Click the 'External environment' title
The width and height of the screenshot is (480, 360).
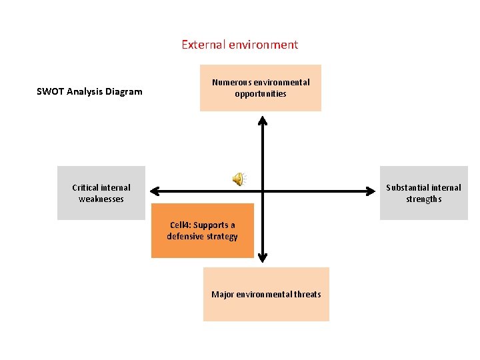pyautogui.click(x=239, y=45)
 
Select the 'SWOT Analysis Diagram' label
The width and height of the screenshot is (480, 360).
pyautogui.click(x=89, y=91)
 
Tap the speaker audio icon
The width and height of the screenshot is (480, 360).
pyautogui.click(x=238, y=178)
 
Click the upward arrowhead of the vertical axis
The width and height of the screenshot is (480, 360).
pyautogui.click(x=263, y=121)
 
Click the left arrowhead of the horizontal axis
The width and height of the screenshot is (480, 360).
pyautogui.click(x=153, y=191)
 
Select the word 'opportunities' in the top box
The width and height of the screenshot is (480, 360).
pyautogui.click(x=261, y=93)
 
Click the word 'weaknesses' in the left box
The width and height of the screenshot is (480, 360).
pyautogui.click(x=101, y=199)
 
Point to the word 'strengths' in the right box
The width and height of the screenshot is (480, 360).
pyautogui.click(x=424, y=199)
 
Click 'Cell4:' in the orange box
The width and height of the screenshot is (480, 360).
pyautogui.click(x=181, y=225)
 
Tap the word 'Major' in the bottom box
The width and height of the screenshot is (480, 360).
pyautogui.click(x=223, y=294)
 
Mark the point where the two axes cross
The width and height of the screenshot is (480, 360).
pyautogui.click(x=263, y=191)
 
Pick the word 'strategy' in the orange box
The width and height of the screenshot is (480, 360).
pyautogui.click(x=223, y=237)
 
